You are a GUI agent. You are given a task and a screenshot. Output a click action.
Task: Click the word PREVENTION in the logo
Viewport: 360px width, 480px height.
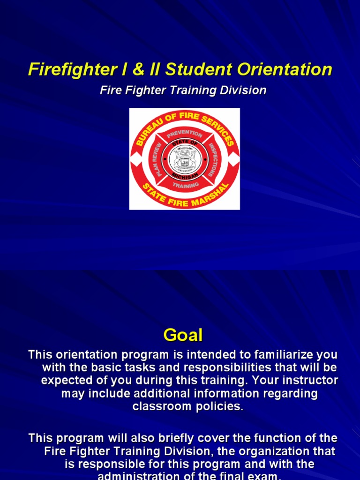point(184,134)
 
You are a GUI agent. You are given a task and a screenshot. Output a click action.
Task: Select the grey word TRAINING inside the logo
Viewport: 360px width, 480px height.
point(185,185)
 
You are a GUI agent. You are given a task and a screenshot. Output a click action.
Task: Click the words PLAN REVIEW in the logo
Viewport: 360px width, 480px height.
point(158,159)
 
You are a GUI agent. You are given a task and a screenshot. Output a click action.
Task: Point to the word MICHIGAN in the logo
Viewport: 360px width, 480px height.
point(185,175)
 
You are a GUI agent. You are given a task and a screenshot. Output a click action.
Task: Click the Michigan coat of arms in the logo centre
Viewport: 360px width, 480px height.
point(185,159)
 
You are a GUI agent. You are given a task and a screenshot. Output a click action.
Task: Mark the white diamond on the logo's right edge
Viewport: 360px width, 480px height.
point(235,159)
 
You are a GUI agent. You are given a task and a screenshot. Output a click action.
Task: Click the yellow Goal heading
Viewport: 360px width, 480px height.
point(183,335)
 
